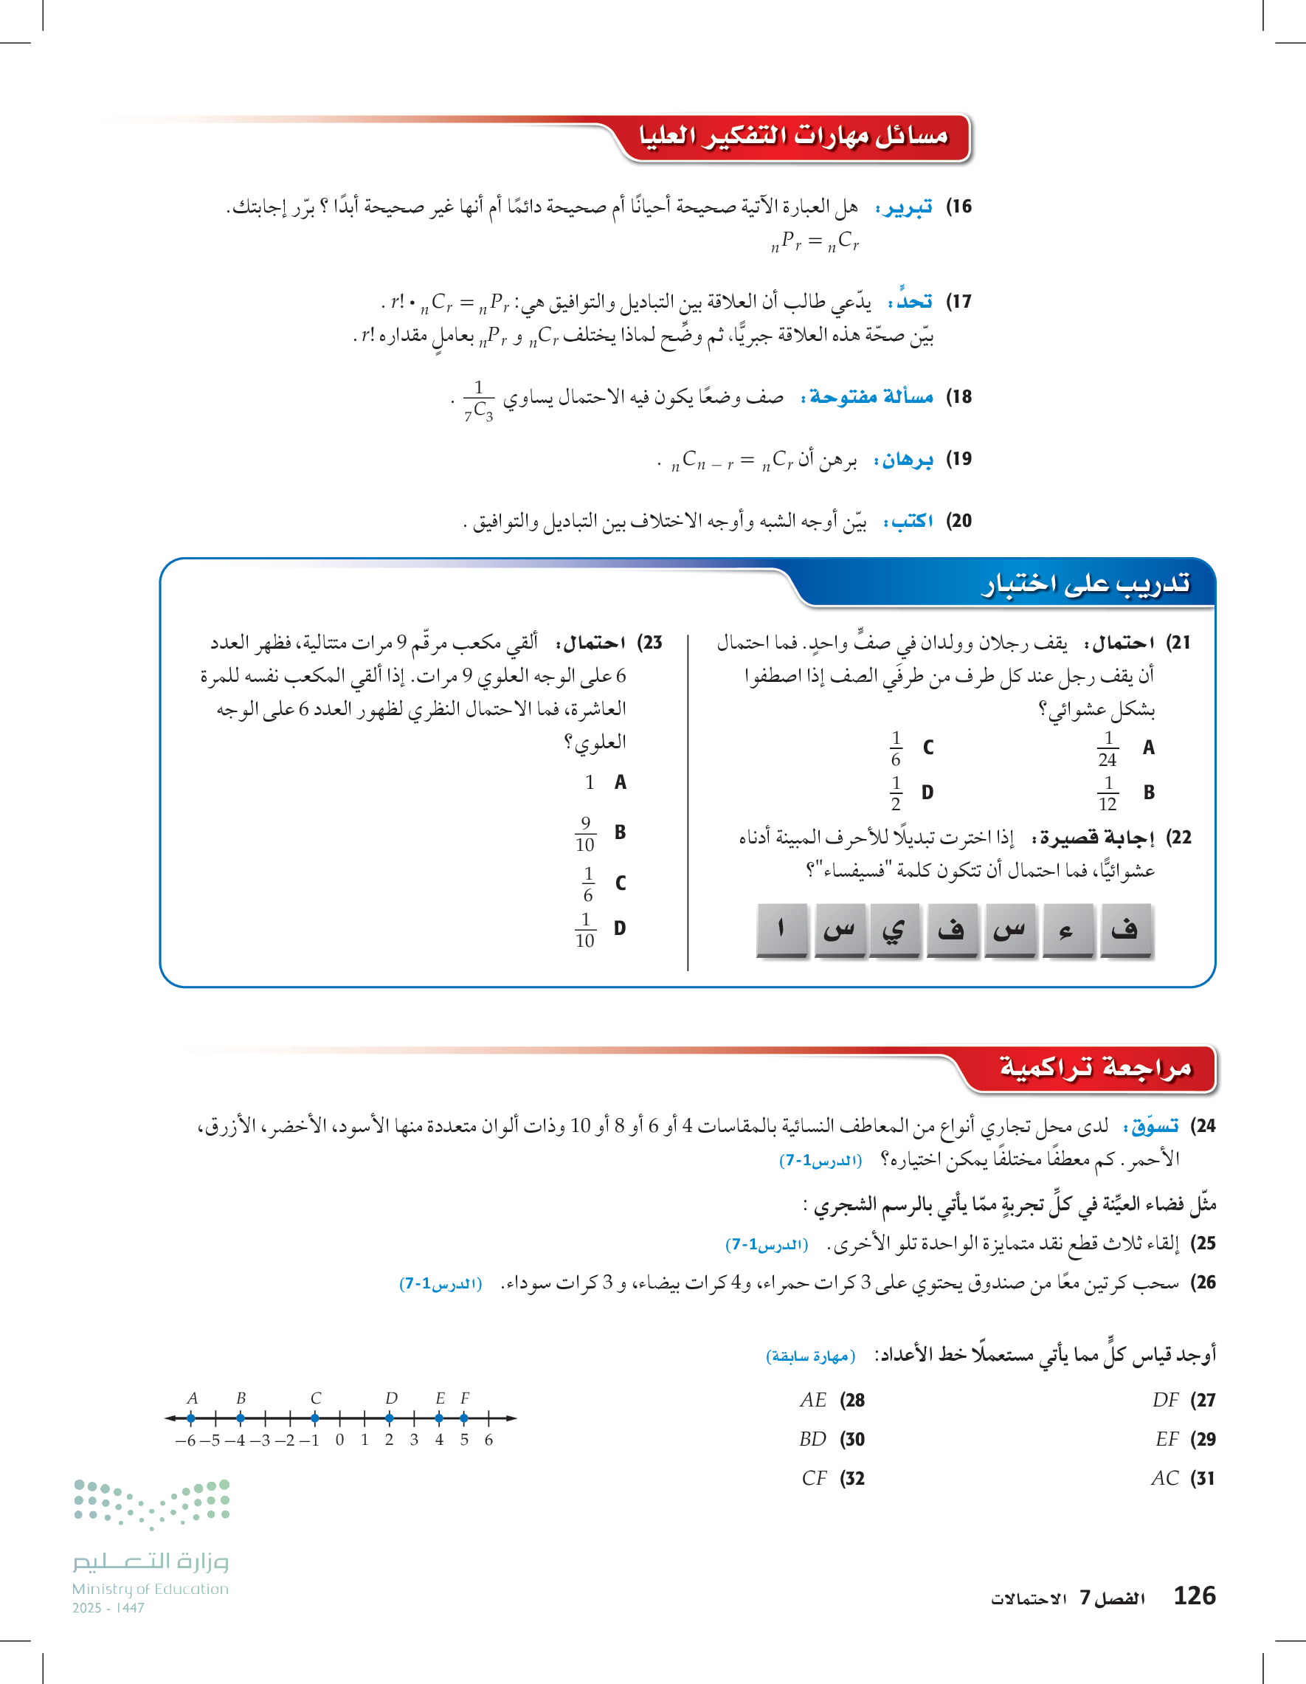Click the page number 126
[1193, 1595]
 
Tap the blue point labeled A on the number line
[191, 1417]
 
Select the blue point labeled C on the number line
[314, 1417]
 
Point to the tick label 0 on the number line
[339, 1440]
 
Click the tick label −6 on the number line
[186, 1440]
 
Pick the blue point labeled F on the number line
[463, 1417]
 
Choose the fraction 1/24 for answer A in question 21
[1107, 749]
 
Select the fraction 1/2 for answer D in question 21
[895, 793]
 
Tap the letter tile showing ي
[894, 931]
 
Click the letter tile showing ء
[1067, 931]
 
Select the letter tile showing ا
[781, 931]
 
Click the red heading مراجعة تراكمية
[1095, 1068]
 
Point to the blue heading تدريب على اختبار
[1085, 584]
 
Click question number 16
[958, 207]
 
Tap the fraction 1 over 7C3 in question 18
[478, 399]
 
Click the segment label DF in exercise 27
[1165, 1399]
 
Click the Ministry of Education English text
[151, 1588]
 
